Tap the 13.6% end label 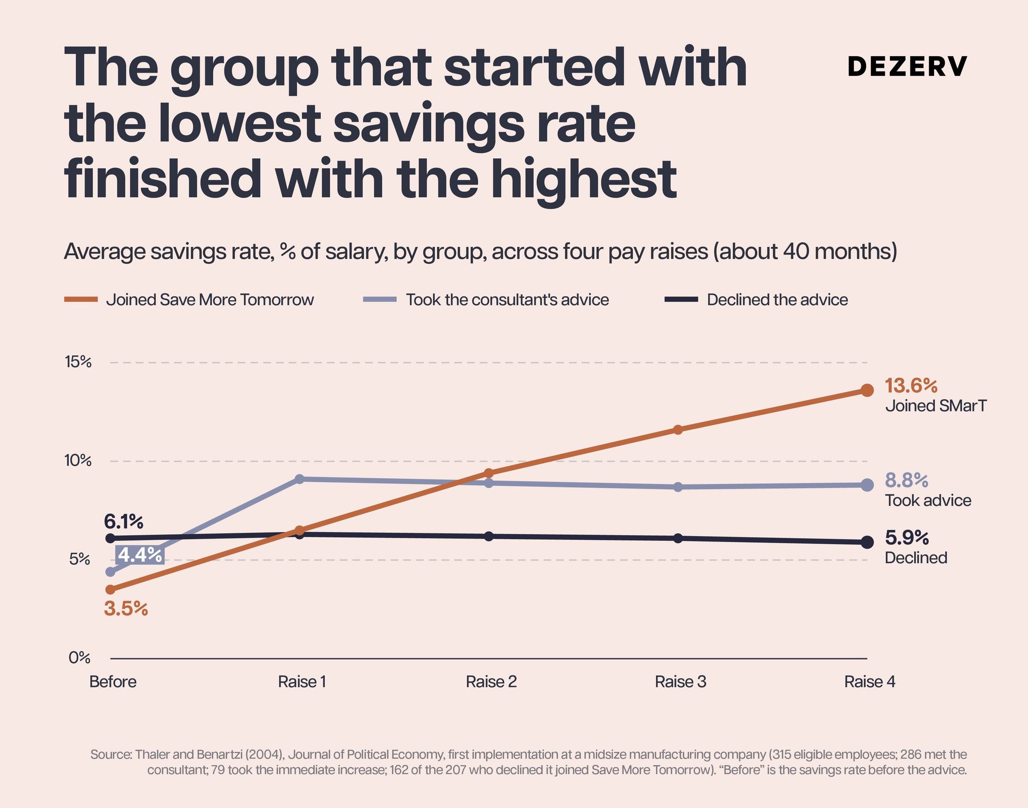point(911,386)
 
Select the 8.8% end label point(906,480)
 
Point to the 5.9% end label point(907,537)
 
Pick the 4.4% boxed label point(140,554)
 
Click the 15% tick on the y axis point(78,362)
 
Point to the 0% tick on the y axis point(80,657)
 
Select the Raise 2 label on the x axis point(491,682)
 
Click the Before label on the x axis point(113,682)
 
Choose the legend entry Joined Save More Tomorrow point(189,299)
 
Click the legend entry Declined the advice point(756,299)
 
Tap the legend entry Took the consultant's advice point(486,299)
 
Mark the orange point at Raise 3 point(678,429)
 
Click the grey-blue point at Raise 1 point(299,479)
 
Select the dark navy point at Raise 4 point(867,542)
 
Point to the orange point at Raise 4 point(867,390)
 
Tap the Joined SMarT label point(936,406)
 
